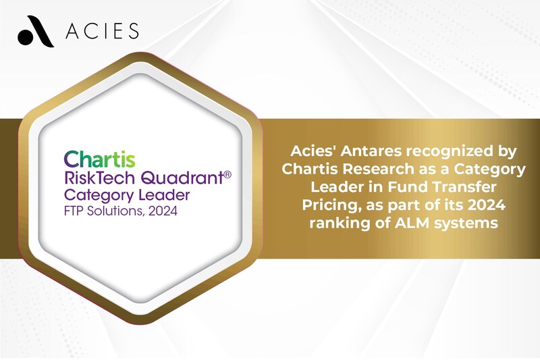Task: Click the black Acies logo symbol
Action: coord(36,31)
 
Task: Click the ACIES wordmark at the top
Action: coord(103,31)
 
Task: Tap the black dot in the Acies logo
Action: coord(25,37)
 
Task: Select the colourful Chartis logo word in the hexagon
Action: coord(99,159)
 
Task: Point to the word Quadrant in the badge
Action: coord(182,178)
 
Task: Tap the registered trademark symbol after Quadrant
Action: coord(227,174)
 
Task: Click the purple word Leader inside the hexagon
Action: coord(164,195)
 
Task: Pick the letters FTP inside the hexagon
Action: coord(74,211)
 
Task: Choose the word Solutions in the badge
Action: coord(115,211)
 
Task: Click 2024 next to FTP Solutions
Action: coord(163,211)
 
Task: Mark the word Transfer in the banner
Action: coord(464,187)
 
